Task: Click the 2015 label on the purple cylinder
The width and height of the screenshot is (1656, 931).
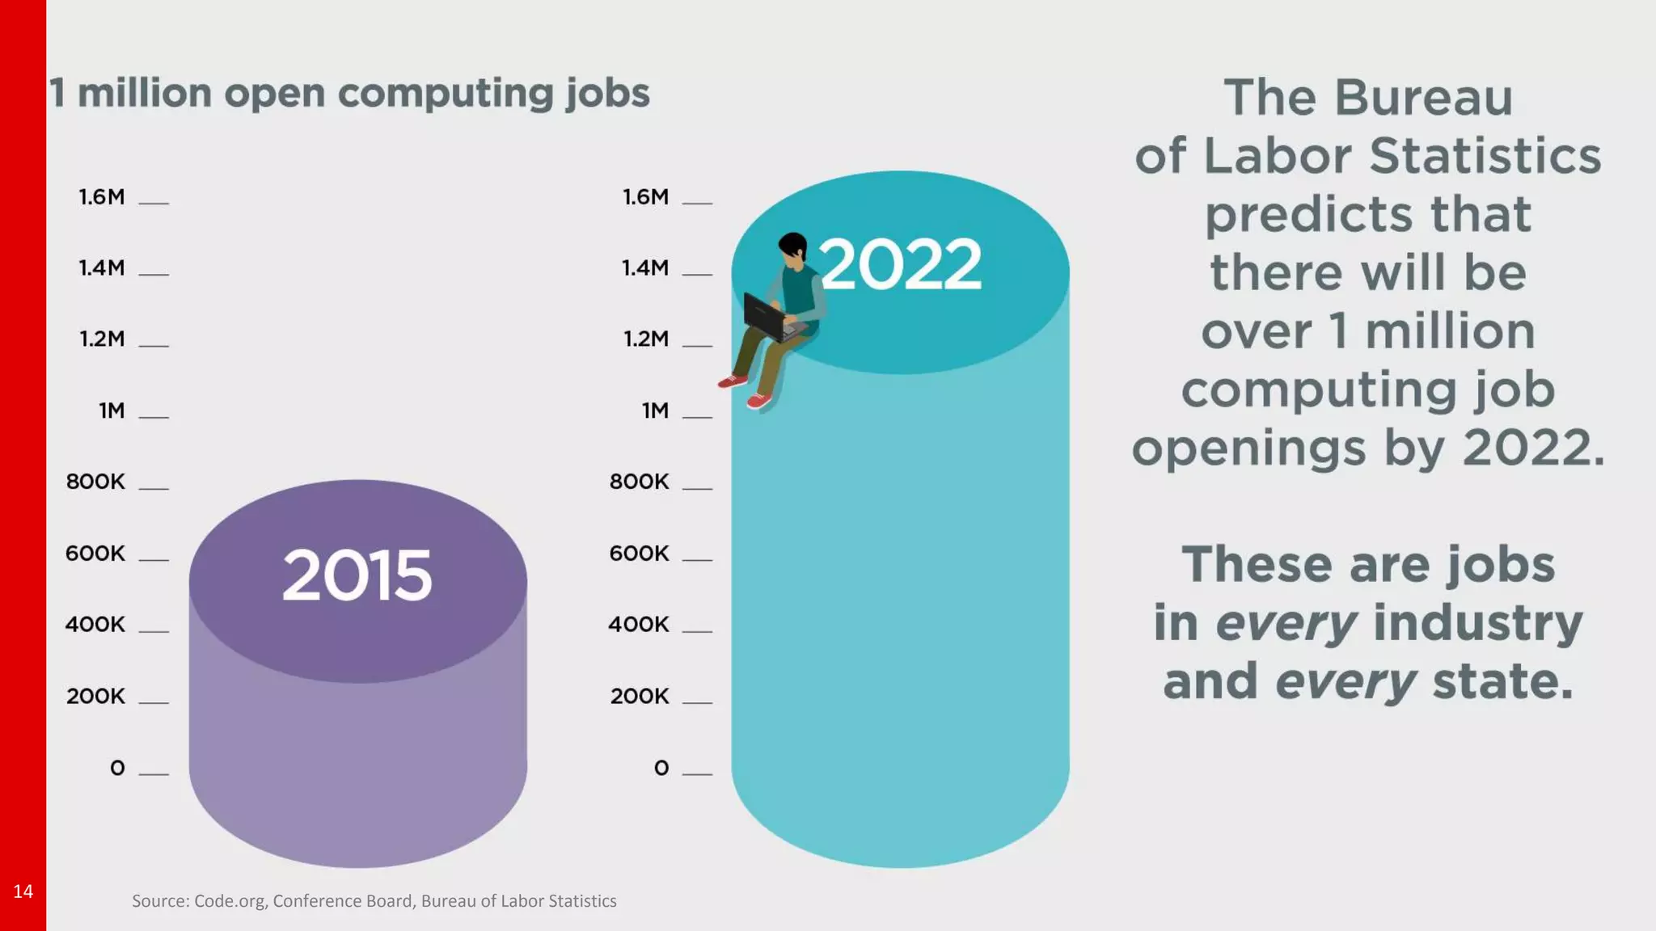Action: [357, 575]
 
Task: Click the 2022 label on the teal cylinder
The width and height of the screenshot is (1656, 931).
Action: [901, 264]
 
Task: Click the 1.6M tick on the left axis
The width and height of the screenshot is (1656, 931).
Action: [102, 197]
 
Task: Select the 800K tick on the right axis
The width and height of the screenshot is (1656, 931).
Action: [640, 482]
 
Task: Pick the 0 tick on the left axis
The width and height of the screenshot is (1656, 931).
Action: [118, 768]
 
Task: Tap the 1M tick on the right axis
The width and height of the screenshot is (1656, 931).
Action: [656, 411]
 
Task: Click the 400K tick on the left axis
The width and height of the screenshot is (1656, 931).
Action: [95, 624]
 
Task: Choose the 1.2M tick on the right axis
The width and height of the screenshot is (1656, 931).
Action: [646, 339]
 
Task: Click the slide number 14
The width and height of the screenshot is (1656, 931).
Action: [23, 891]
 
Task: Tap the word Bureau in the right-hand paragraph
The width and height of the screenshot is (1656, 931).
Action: [1422, 99]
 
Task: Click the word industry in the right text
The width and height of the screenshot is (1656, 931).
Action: [1477, 623]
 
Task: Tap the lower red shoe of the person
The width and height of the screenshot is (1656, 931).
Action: [758, 400]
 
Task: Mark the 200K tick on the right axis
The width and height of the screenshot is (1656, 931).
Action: [640, 696]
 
